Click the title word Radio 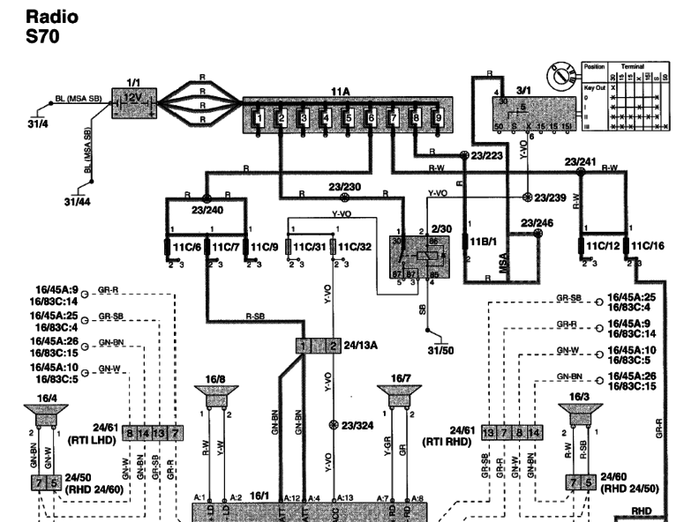pos(52,17)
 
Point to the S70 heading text pos(44,36)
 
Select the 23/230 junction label pos(344,186)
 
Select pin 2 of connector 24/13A pos(333,346)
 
